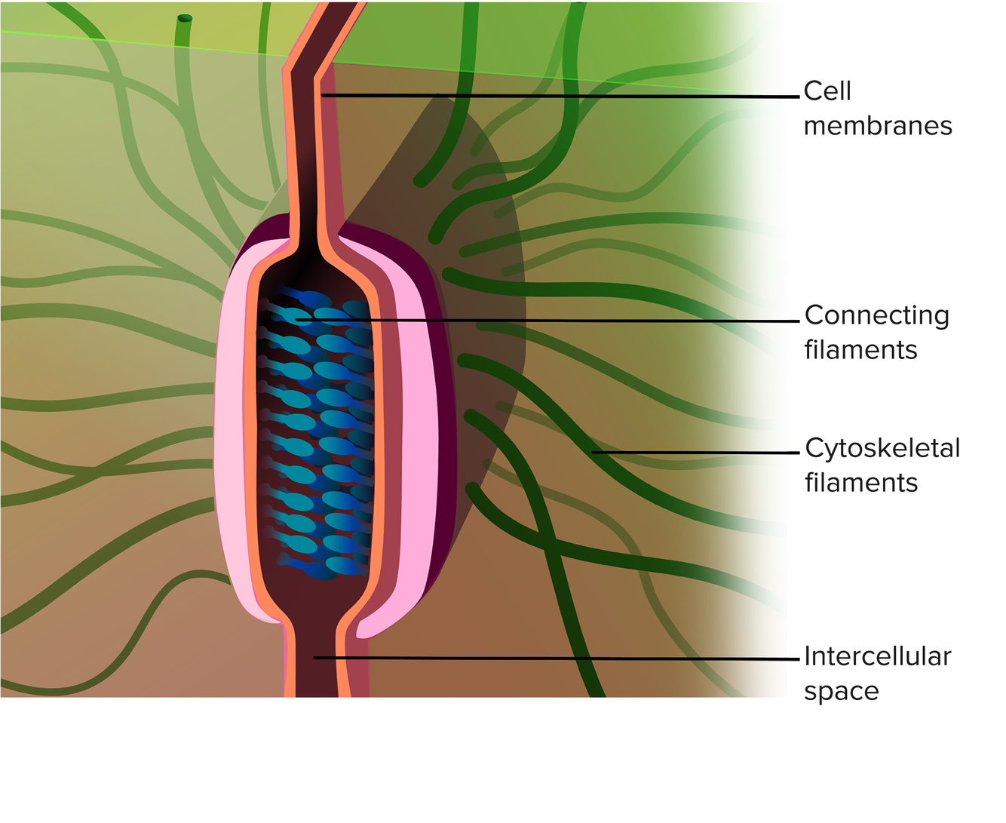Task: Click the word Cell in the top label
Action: click(827, 91)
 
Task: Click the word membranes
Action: click(878, 126)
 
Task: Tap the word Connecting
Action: click(876, 315)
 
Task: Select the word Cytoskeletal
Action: click(882, 448)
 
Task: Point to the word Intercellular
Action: click(877, 656)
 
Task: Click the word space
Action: click(841, 691)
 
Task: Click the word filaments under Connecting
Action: click(860, 350)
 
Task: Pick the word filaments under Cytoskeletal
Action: click(860, 483)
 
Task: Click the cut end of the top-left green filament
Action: click(185, 19)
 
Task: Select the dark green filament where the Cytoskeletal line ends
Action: click(593, 452)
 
